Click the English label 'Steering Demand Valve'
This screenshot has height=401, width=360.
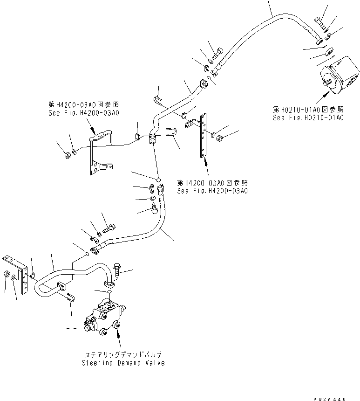point(123,363)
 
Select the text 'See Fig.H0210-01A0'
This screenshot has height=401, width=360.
point(308,118)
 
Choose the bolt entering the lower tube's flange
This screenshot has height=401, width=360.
point(116,269)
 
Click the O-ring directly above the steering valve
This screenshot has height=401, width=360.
point(108,293)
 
